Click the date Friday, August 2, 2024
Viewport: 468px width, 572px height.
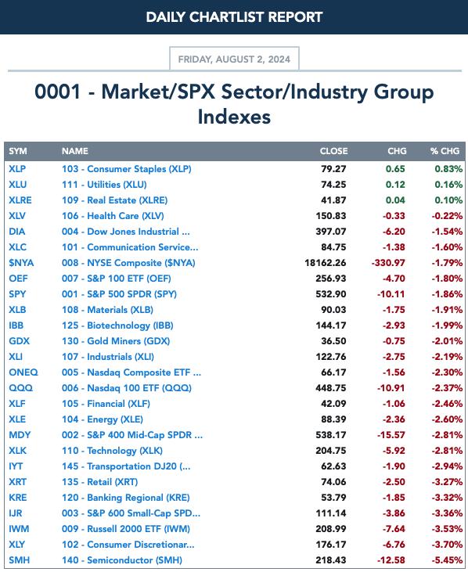coord(234,59)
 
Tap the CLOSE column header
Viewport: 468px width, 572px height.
coord(333,151)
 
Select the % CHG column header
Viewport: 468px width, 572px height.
coord(445,151)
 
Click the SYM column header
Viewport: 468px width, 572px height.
coord(18,151)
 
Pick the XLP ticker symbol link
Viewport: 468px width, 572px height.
coord(17,169)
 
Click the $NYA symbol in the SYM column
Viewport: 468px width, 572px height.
coord(21,263)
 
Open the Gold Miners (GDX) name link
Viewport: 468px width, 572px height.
coord(116,341)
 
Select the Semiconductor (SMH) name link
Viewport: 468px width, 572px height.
coord(122,560)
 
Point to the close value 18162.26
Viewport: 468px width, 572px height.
coord(326,263)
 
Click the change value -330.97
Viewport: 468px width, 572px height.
coord(388,263)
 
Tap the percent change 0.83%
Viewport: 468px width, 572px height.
coord(448,169)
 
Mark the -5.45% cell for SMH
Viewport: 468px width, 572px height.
coord(447,560)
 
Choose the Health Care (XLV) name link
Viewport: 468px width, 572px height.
coord(113,216)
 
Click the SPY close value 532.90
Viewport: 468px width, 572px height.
coord(331,294)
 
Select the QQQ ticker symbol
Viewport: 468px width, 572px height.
coord(21,388)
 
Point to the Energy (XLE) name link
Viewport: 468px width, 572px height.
coord(103,419)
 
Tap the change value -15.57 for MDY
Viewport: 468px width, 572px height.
coord(391,435)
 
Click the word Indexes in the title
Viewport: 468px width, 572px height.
coord(234,117)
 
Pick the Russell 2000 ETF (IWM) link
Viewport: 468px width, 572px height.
coord(126,529)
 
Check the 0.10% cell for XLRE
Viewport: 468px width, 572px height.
coord(448,200)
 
